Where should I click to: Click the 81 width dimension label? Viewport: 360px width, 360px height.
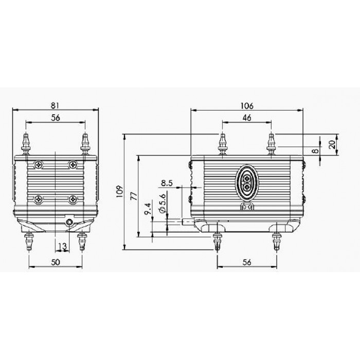pos(55,105)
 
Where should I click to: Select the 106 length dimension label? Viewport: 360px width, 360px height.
pos(247,106)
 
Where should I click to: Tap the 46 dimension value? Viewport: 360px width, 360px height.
pos(247,118)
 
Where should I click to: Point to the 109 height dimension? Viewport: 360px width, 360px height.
pos(120,192)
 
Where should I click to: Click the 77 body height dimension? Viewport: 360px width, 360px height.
pos(134,196)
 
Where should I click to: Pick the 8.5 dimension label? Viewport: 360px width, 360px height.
pos(167,183)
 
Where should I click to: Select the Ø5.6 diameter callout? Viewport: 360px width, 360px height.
pos(162,204)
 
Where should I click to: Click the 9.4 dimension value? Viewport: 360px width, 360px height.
pos(148,209)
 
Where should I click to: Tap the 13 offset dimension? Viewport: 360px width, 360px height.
pos(62,246)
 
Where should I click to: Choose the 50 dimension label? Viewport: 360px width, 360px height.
pos(56,262)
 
